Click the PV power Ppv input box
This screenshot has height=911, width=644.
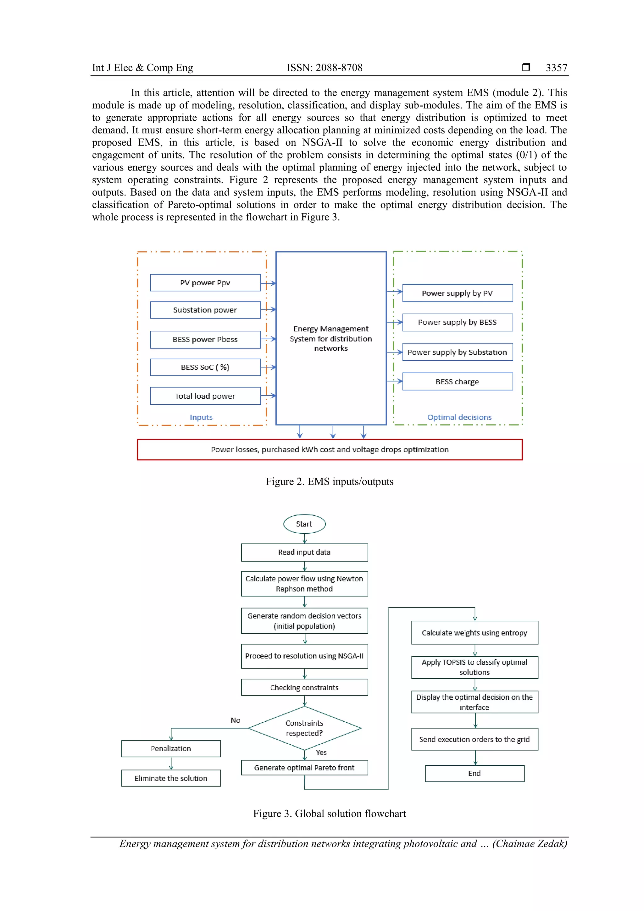click(205, 282)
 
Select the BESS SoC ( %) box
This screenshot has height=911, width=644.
click(205, 367)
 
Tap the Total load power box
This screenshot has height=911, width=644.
click(205, 396)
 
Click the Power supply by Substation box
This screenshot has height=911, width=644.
click(457, 352)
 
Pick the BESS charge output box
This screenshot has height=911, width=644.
click(457, 381)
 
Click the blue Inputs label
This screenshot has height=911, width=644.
click(201, 417)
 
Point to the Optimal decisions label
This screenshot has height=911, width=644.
click(459, 417)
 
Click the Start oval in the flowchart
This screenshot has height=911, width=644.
click(304, 524)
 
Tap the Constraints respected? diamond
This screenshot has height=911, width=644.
click(304, 728)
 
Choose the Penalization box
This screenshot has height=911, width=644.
click(171, 748)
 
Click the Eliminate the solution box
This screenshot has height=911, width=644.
click(171, 778)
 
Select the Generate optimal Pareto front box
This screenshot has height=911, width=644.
click(304, 767)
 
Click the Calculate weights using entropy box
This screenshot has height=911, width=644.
click(475, 632)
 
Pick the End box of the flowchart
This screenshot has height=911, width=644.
click(475, 773)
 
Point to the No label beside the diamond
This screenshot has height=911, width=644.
click(235, 720)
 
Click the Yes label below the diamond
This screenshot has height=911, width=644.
click(321, 752)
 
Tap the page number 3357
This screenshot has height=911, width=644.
click(556, 68)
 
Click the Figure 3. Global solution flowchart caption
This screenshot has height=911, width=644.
click(329, 814)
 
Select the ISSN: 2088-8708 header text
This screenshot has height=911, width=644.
click(325, 68)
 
